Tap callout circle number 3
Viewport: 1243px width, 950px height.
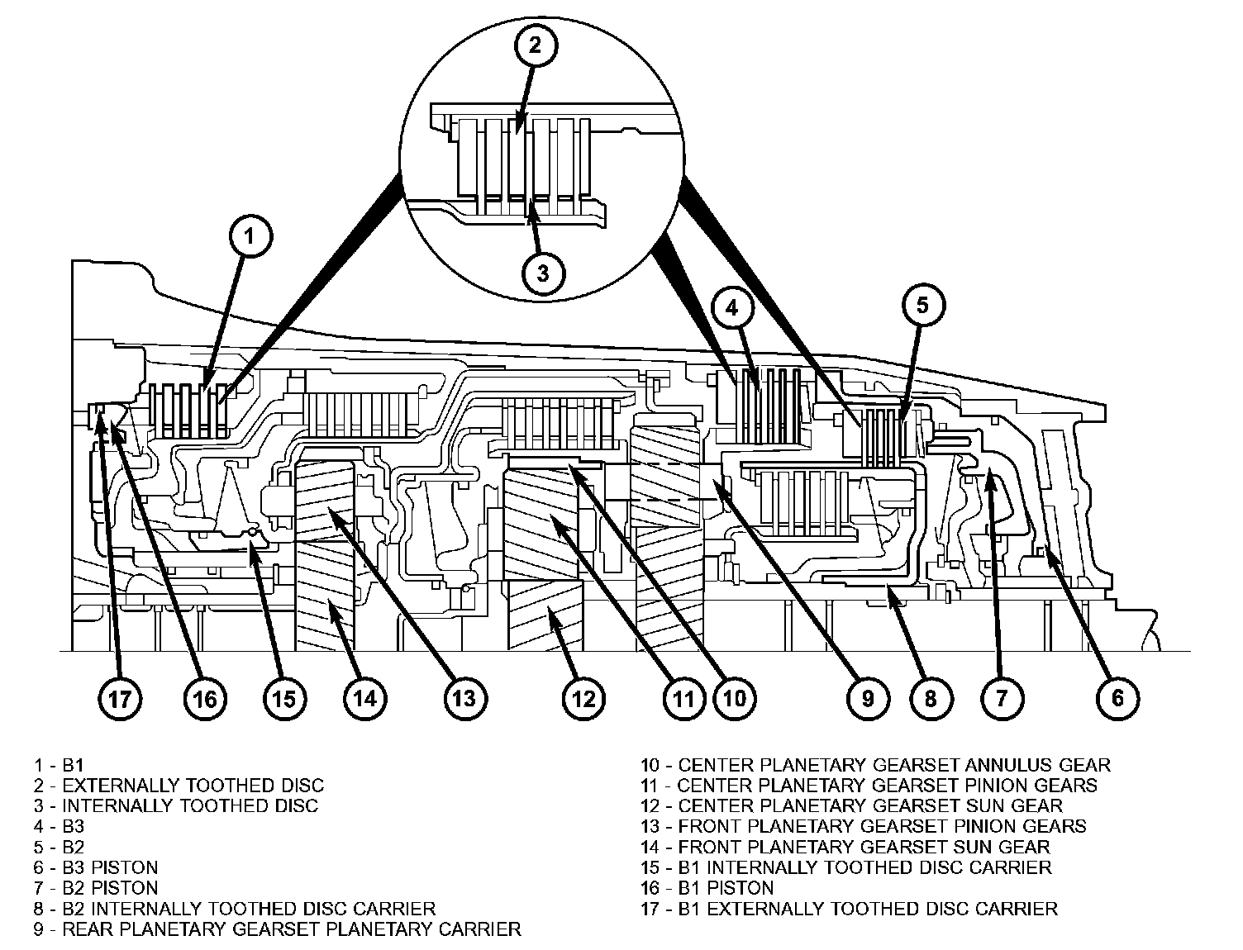pos(542,273)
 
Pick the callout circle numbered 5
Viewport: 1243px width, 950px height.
pos(922,306)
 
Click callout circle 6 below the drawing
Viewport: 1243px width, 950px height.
pos(1117,698)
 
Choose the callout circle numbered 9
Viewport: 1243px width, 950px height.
pos(868,698)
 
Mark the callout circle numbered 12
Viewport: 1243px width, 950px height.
pos(583,699)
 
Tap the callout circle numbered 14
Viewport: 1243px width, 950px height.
pos(365,699)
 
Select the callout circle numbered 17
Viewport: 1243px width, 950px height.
pos(120,699)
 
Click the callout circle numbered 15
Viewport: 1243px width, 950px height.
pos(283,699)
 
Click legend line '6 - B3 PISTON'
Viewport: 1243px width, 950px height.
pos(97,867)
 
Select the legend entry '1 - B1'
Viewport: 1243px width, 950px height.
pos(60,764)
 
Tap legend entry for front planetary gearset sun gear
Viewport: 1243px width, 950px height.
pos(845,847)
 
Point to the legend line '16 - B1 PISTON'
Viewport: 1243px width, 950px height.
pos(707,888)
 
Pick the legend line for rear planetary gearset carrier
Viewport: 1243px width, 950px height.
pos(278,929)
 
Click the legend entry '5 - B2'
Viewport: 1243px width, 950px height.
pos(60,847)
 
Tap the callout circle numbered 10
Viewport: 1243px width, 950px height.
pos(734,699)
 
